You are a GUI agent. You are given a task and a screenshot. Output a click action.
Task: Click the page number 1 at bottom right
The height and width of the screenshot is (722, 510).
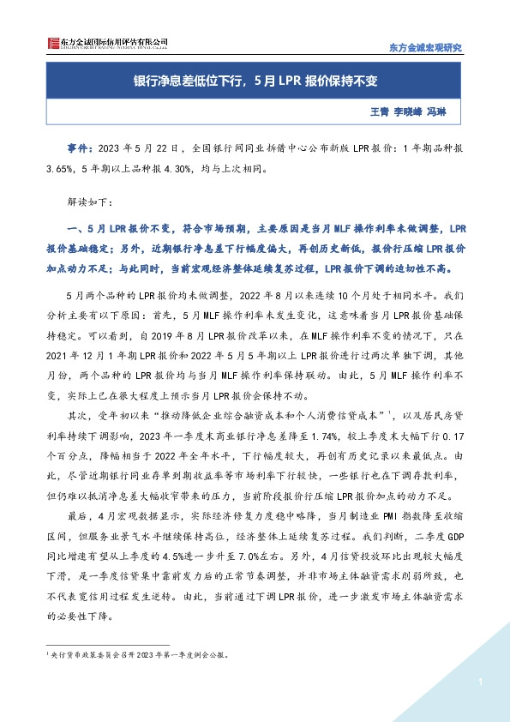tap(483, 683)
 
